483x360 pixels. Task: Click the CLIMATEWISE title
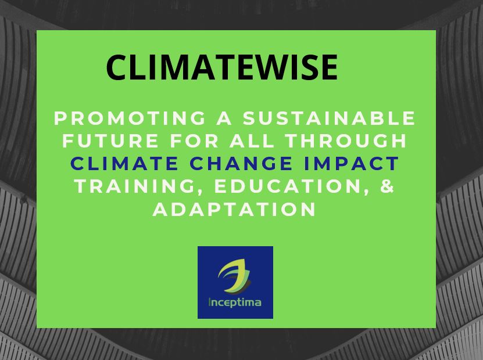point(222,67)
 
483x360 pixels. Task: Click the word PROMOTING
point(130,118)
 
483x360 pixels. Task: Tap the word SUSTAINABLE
point(330,118)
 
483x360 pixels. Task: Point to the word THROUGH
point(346,141)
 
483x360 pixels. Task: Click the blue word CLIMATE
point(124,163)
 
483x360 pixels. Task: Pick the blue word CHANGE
point(241,163)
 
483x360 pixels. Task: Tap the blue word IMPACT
point(352,163)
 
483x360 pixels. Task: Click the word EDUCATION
point(288,186)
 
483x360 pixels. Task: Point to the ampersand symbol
point(388,186)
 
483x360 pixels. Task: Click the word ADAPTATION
point(234,209)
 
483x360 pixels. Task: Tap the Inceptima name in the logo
point(235,302)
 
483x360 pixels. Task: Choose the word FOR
point(194,141)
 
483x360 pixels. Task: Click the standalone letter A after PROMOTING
point(224,118)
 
